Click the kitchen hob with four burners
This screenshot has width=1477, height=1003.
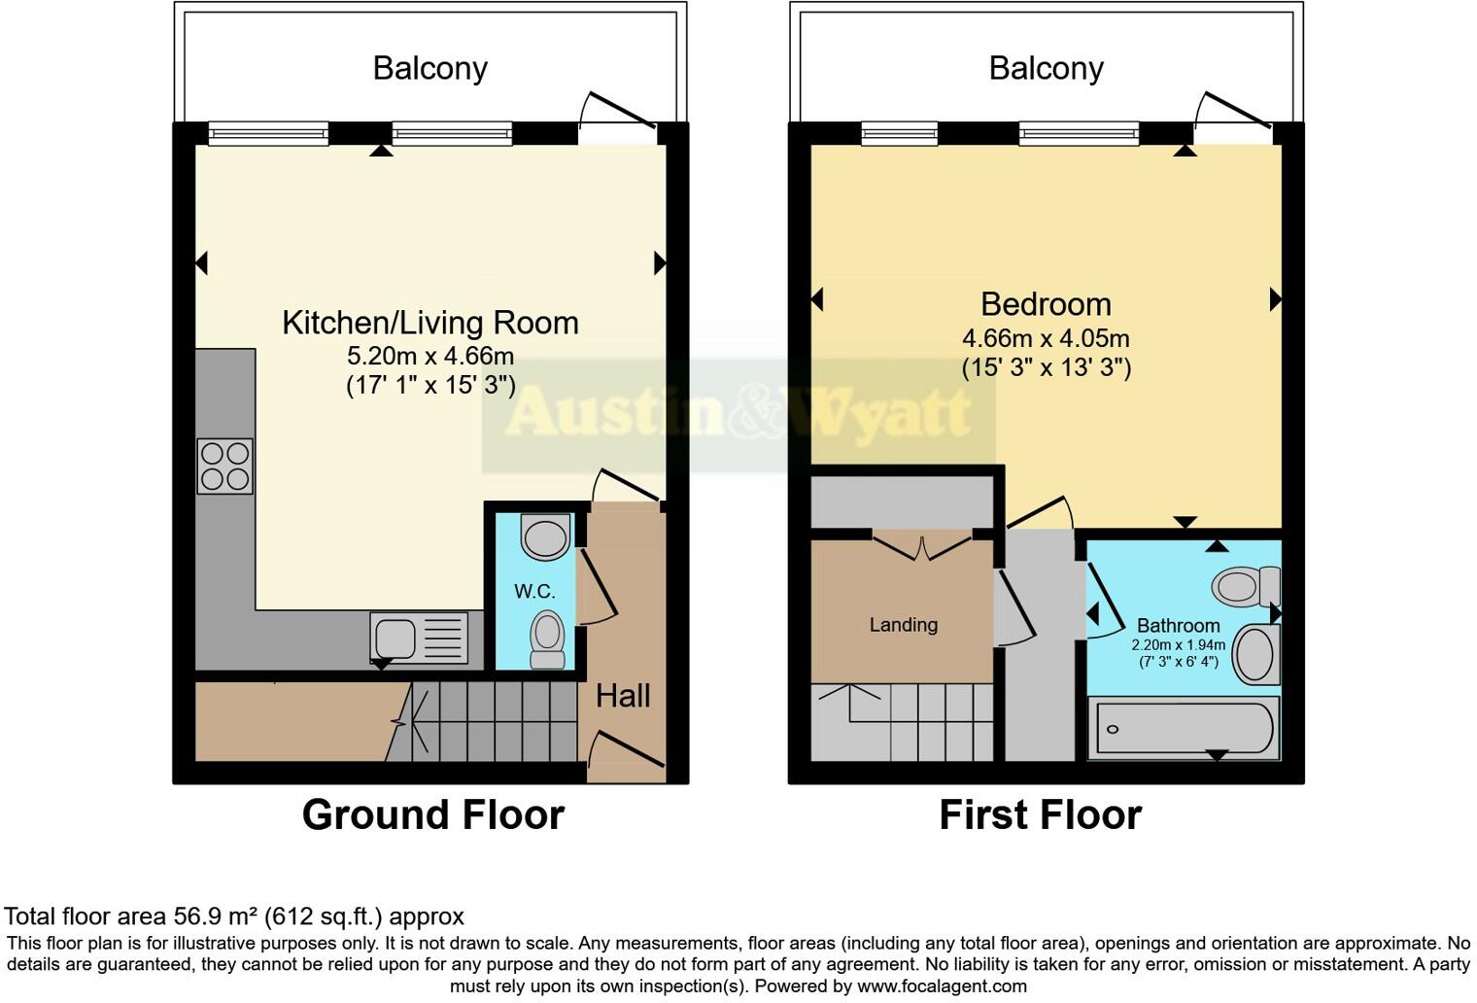224,467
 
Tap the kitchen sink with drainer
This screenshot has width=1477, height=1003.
418,638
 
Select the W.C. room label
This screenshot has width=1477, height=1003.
534,591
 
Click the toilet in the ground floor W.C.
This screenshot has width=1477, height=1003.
548,640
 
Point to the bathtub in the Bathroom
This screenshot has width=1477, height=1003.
1184,728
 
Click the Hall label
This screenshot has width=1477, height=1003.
623,696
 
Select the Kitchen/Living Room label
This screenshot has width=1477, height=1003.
429,323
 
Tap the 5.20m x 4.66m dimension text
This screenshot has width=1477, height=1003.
429,356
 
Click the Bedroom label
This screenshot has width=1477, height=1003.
1046,304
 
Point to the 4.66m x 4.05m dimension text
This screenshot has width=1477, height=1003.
1046,338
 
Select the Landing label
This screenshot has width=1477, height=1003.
903,625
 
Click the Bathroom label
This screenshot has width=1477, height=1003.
1178,626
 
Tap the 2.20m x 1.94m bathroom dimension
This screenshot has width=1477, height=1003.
1178,645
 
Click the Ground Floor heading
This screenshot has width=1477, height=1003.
432,814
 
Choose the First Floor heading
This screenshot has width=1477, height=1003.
1040,814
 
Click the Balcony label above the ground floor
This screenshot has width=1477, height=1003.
429,68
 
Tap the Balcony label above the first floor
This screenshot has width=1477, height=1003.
1046,68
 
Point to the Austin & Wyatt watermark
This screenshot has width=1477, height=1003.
738,414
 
